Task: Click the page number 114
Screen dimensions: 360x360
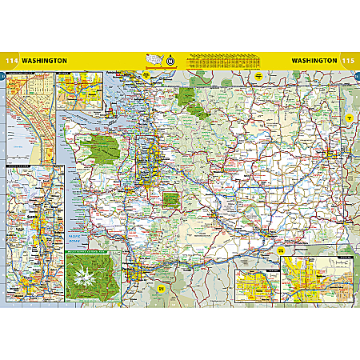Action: [x=10, y=60]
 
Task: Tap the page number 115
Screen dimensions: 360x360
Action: [x=349, y=60]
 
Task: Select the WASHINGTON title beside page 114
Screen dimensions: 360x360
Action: [x=45, y=60]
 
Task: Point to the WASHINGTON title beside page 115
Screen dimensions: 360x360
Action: [x=314, y=60]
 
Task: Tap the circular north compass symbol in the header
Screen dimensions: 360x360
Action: [x=170, y=60]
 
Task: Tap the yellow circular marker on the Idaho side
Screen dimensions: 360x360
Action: [x=349, y=118]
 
